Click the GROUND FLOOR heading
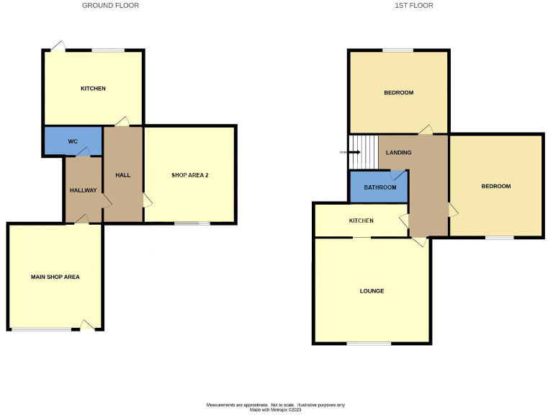coord(110,6)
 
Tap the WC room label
coord(73,141)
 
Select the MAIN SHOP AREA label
coord(55,277)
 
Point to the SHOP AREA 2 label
coord(189,175)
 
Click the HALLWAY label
coord(83,190)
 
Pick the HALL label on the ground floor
coord(122,175)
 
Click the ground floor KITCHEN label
coord(93,89)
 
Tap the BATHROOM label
coord(379,187)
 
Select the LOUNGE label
coord(372,291)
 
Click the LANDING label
coord(398,153)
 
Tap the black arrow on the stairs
coord(354,152)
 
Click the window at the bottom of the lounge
coord(369,343)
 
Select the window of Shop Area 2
coord(192,223)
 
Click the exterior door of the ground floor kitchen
coord(57,47)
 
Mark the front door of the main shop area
coord(87,326)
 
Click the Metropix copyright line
coord(276,409)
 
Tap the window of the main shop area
coord(42,329)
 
